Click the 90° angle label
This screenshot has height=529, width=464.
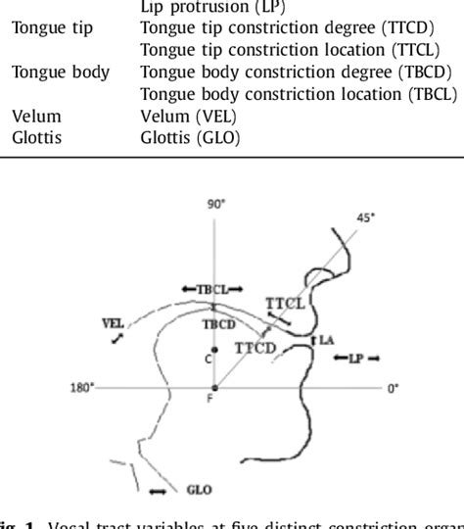coord(215,203)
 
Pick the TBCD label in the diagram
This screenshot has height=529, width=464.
coord(217,322)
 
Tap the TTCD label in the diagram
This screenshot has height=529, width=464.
coord(255,346)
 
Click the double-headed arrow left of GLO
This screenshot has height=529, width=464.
coord(158,489)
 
